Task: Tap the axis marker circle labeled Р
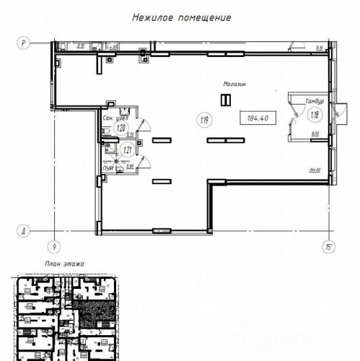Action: (x=23, y=43)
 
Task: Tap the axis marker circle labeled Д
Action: (x=23, y=231)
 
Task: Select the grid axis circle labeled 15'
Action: (x=329, y=247)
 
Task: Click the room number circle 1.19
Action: (x=201, y=118)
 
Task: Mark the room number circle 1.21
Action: (x=128, y=151)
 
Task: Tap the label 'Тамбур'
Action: (x=314, y=101)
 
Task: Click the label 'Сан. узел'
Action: (x=115, y=117)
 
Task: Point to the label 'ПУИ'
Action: (x=109, y=168)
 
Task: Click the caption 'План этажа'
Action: (x=64, y=264)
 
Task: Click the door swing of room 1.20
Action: (x=144, y=124)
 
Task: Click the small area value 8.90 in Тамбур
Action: (x=315, y=134)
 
